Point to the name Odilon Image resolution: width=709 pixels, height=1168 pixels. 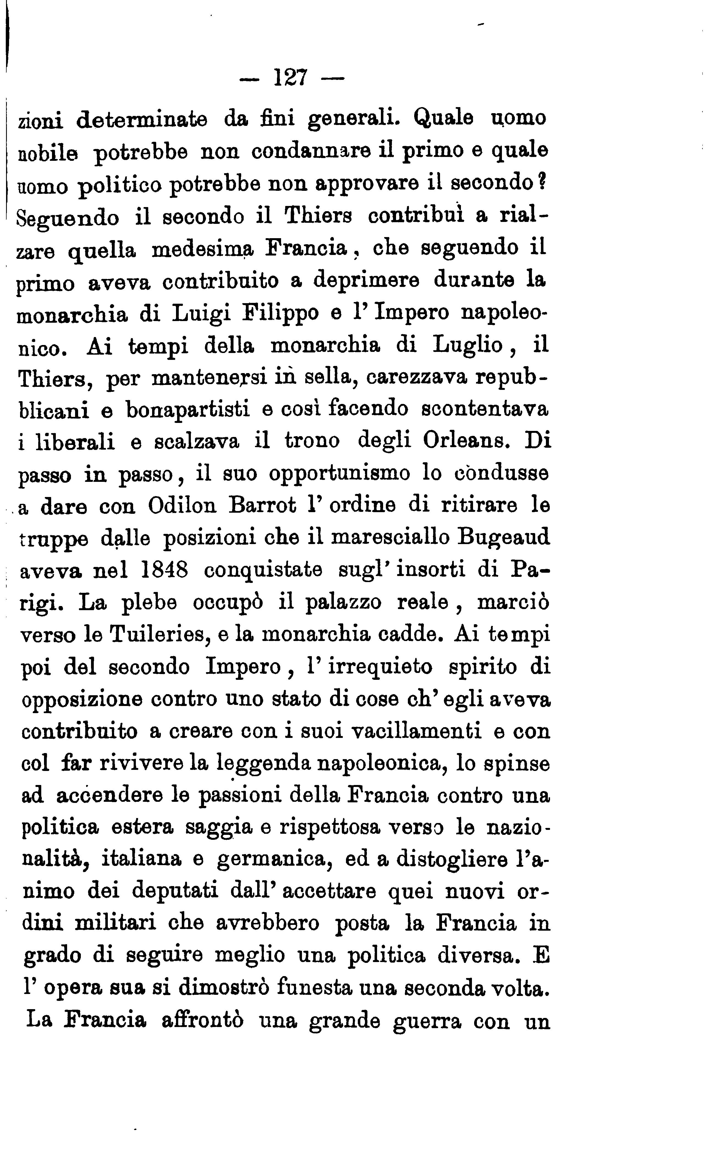tap(182, 506)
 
